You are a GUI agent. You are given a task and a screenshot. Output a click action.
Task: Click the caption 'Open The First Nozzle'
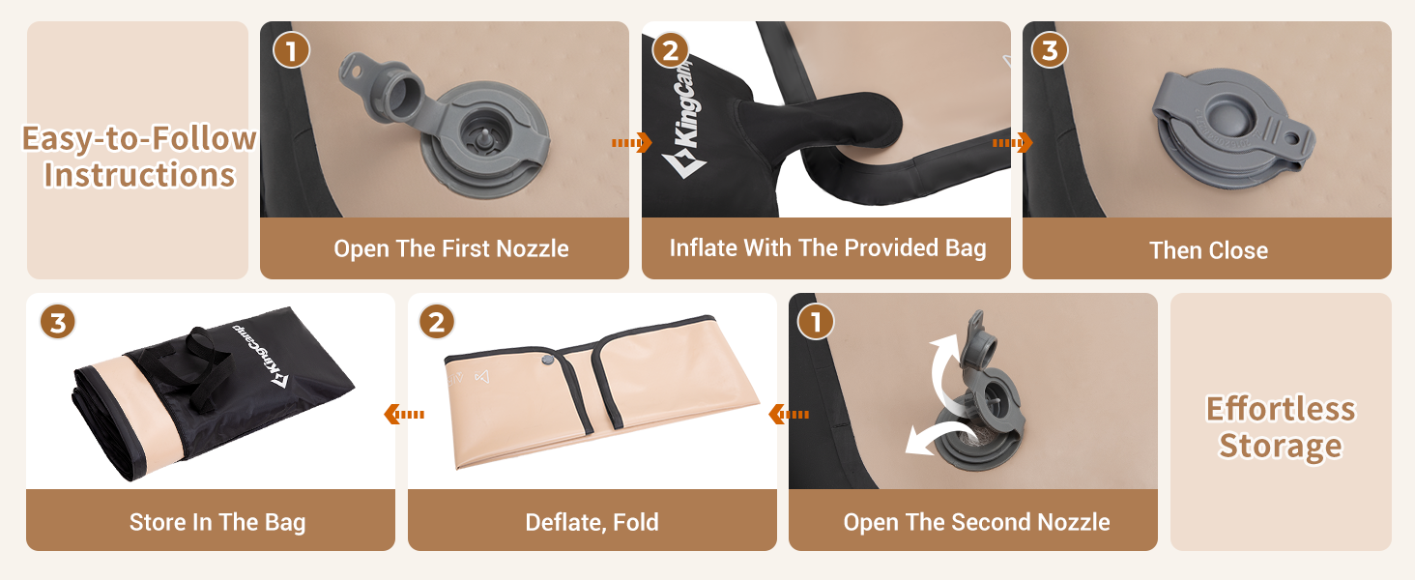coord(451,248)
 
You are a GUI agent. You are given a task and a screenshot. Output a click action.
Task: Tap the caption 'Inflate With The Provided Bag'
coord(827,247)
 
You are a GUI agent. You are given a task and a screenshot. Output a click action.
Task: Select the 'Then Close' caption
coord(1208,250)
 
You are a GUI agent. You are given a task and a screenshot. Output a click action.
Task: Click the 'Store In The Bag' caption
coord(217,522)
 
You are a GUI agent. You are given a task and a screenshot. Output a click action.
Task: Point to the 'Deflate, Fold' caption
coord(592,522)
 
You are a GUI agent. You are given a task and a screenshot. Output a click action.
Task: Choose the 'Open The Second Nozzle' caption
coord(976,522)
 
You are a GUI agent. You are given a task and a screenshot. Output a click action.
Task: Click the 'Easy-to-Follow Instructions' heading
coord(139,156)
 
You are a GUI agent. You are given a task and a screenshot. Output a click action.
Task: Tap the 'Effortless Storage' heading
coord(1281,426)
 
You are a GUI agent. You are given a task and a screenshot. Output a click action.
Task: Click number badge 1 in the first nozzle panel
coord(291,50)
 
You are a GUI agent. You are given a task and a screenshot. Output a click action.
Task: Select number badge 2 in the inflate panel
coord(670,50)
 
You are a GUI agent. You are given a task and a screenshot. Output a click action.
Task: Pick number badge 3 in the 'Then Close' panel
coord(1050,50)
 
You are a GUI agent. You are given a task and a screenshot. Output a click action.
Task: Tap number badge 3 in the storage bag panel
coord(57,322)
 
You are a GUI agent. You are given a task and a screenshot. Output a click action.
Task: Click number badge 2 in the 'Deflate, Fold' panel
coord(437,322)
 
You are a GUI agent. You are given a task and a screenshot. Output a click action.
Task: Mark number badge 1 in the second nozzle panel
coord(816,322)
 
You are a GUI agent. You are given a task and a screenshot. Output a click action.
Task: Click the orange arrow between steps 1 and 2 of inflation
coord(632,143)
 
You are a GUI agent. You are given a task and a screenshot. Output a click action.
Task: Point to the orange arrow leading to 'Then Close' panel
coord(1013,143)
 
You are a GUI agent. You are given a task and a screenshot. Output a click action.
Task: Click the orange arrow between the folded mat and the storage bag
coord(404,415)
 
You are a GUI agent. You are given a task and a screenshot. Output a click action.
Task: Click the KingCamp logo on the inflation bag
coord(683,120)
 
